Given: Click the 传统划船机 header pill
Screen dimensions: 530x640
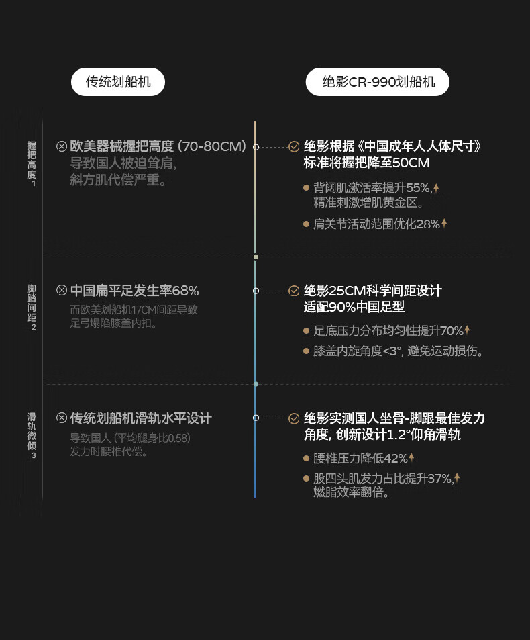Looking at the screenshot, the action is pos(118,82).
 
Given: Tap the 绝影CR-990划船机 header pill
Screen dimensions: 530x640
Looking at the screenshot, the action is pos(378,82).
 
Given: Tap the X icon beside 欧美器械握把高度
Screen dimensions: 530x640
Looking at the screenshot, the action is pos(62,146).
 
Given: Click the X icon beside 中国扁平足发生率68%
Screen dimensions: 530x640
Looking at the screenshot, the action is pos(62,291).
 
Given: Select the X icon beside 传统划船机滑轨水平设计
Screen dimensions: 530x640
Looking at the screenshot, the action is pos(62,418).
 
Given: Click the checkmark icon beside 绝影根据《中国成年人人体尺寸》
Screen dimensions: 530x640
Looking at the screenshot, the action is pos(294,146).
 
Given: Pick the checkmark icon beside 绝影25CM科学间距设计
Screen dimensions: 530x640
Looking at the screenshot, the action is pos(294,291).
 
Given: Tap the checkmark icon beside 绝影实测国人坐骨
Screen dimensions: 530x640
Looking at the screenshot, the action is pos(294,418).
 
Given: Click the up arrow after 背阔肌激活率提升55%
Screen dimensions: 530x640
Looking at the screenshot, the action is pos(436,188).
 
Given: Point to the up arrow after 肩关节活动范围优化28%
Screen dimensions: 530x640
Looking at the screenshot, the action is pos(444,224).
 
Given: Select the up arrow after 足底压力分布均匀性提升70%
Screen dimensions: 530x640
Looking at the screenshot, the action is pos(467,330).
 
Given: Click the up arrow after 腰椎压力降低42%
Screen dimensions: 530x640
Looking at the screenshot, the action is pos(411,458).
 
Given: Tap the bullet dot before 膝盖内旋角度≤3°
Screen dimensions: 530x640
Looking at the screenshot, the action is pos(306,351).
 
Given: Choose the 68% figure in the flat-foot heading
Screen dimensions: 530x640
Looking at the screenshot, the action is pos(185,291).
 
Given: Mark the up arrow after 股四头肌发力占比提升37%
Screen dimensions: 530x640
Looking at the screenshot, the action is pos(457,478).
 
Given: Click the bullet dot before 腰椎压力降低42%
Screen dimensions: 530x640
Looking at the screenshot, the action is pos(306,458).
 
